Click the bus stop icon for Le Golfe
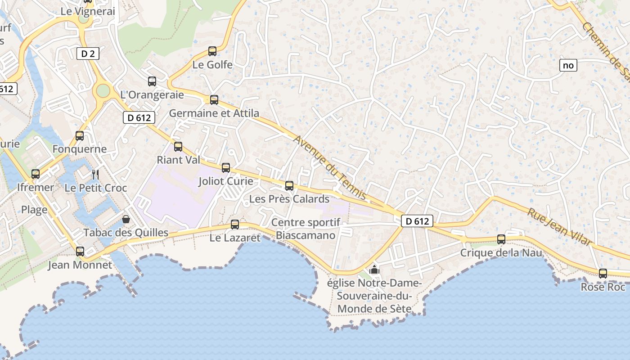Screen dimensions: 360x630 [x=212, y=51]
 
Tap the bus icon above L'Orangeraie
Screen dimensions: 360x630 [x=152, y=81]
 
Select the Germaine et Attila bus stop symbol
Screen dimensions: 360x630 [x=214, y=100]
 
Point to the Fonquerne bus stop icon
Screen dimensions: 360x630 [x=80, y=135]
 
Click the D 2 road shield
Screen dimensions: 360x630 [x=88, y=54]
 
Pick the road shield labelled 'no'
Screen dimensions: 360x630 [x=568, y=65]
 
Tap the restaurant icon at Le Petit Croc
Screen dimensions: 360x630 [x=95, y=174]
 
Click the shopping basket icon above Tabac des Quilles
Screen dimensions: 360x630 [x=126, y=219]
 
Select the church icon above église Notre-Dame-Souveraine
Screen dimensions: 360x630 [x=374, y=270]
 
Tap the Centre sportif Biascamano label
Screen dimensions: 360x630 [x=306, y=229]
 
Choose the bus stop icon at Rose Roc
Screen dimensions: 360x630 [x=603, y=273]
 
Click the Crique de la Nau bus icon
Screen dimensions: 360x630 [x=501, y=239]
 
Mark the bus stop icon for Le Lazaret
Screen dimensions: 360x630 [x=235, y=225]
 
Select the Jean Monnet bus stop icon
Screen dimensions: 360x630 [x=80, y=252]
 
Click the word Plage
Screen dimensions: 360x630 [x=34, y=210]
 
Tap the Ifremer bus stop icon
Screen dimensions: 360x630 [x=36, y=174]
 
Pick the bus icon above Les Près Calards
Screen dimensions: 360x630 [x=289, y=185]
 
